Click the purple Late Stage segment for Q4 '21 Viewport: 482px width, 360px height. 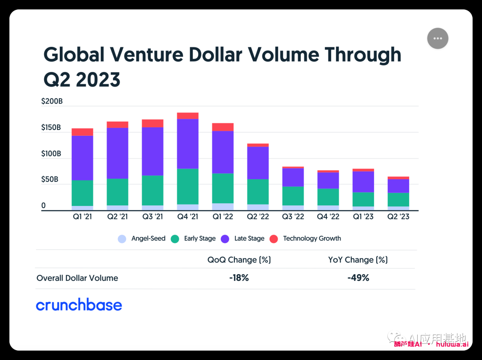187,143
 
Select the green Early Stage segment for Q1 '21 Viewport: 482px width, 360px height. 82,193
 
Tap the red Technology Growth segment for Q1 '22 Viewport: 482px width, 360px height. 223,127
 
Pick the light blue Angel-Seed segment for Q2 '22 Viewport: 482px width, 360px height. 258,207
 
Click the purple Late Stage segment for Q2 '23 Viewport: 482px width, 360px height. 398,186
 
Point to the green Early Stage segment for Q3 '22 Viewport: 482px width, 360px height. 293,196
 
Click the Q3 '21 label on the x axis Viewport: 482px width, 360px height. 153,217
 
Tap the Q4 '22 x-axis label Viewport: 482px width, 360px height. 328,217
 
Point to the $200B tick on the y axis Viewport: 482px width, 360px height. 52,101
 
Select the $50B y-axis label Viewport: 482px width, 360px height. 50,180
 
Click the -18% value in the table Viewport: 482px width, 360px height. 239,278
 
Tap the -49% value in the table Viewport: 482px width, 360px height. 358,278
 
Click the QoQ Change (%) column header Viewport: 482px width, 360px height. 239,260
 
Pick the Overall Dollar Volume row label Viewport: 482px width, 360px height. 77,278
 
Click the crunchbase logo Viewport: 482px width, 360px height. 79,305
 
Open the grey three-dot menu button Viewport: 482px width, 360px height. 437,38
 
